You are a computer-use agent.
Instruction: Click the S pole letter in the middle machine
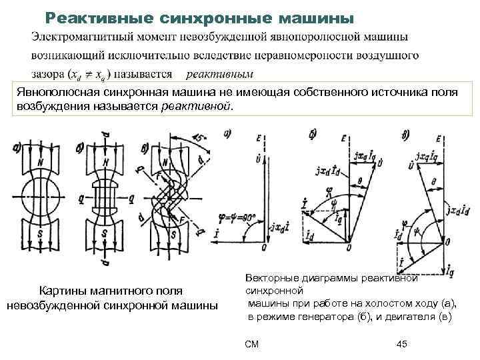(105, 235)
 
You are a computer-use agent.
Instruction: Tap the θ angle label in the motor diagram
(434, 181)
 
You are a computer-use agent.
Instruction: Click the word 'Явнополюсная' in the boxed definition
(56, 92)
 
